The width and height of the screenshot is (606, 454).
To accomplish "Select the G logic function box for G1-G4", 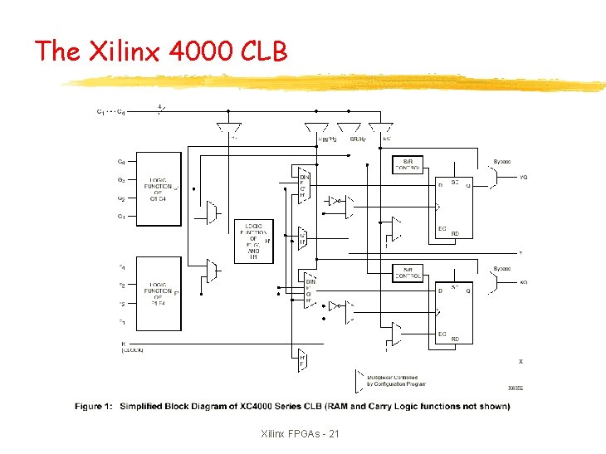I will pos(158,188).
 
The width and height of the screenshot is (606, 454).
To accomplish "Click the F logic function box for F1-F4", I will pos(158,293).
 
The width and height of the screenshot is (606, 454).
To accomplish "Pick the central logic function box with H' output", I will pos(254,241).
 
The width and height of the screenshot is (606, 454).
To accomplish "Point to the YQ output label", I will pos(524,177).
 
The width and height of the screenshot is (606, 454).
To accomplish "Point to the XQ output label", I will pos(524,283).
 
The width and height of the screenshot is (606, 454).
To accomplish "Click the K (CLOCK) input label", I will pos(132,347).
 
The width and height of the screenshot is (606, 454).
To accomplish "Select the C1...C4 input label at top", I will pos(111,112).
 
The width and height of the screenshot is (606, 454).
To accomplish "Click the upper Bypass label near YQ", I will pos(502,162).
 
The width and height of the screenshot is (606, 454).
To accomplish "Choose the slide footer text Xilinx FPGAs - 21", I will pos(300,434).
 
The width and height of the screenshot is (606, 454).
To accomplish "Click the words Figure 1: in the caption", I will pos(94,407).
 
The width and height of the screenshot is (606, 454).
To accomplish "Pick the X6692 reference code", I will pos(516,388).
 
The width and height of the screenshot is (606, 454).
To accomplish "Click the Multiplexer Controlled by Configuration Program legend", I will pos(397,380).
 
